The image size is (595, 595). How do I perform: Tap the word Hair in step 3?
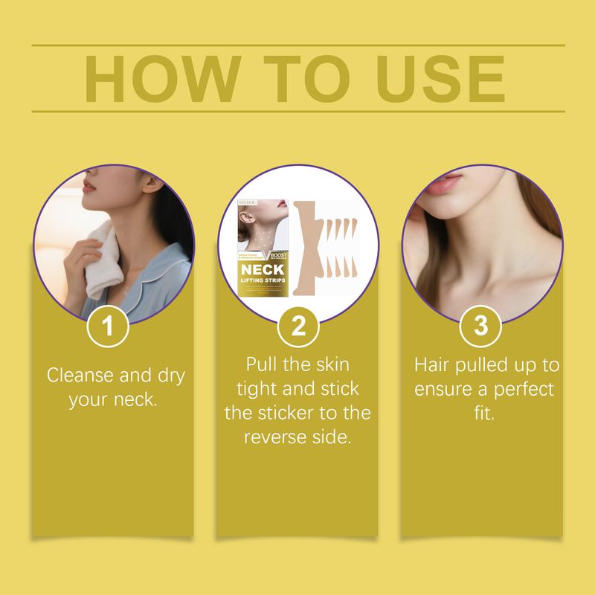(432, 365)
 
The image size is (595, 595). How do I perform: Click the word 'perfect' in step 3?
(524, 389)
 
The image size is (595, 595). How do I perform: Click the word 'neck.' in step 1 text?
(139, 399)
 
